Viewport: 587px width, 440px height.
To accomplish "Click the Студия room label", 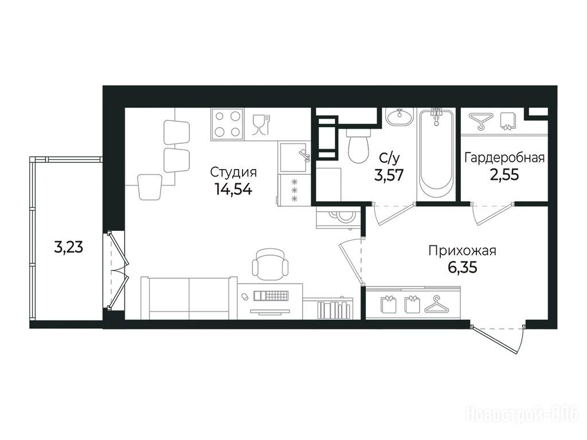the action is pos(233,173).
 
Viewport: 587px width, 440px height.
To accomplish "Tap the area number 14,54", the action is pos(233,189).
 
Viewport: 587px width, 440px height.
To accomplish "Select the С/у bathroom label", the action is pos(389,159).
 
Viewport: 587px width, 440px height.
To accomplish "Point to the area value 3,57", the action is pos(389,175).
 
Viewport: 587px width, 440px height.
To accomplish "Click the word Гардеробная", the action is pos(504,158).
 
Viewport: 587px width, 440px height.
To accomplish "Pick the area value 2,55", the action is pos(504,174).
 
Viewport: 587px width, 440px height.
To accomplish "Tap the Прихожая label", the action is pos(463,251).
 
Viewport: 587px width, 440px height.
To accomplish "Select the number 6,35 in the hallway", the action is pos(463,267).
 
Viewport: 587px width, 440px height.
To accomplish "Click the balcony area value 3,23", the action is pos(69,247).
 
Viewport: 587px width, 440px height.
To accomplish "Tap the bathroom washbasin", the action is pos(400,117).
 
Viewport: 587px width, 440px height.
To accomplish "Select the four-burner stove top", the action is pos(227,124).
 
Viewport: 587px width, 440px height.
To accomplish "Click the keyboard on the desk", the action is pos(271,296).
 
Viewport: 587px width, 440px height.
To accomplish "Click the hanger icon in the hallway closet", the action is pos(437,304).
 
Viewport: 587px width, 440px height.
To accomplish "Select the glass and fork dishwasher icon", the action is pos(261,125).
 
